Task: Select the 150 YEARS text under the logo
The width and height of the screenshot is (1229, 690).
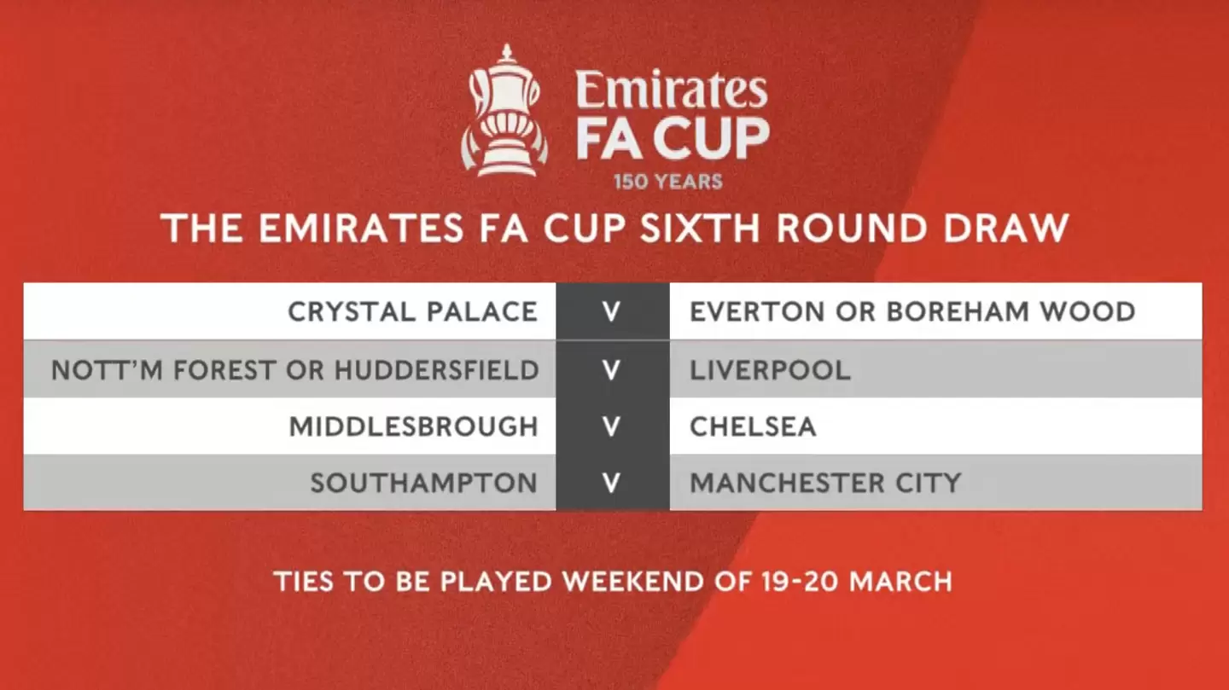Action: (667, 182)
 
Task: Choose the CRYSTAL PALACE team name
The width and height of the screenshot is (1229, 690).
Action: (413, 311)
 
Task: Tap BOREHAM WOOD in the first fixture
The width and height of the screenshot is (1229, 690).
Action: (1011, 311)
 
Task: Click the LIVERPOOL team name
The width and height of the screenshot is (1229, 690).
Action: (770, 369)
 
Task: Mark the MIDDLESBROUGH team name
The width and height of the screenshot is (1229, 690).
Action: (414, 426)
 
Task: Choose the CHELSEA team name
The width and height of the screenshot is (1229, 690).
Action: (753, 426)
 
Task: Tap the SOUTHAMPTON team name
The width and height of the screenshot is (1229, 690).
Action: (423, 483)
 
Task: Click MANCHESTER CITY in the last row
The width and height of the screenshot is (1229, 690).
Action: (825, 483)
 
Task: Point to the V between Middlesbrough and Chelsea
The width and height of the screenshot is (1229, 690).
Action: (611, 426)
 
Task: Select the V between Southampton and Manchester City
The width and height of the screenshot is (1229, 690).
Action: (611, 483)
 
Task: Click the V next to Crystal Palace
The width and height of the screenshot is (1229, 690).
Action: (611, 311)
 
